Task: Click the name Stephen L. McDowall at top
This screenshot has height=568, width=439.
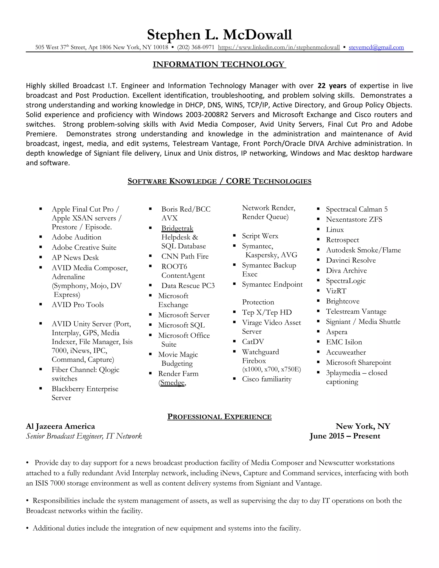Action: point(219,35)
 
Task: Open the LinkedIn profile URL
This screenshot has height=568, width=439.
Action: point(279,47)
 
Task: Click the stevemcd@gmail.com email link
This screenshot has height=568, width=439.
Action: point(376,47)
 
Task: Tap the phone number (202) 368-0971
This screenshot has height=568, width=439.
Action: point(195,47)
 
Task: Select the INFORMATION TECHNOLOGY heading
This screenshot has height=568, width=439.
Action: point(219,64)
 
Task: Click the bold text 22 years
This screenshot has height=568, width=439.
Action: point(332,86)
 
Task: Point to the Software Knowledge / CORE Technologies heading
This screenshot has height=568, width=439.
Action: point(219,181)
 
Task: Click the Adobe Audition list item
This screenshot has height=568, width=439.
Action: point(77,237)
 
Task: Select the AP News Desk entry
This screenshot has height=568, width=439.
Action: point(75,257)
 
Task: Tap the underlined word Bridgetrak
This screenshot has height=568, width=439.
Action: point(177,228)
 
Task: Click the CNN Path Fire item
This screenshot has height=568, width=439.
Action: point(185,256)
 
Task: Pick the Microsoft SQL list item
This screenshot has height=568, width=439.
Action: point(181,325)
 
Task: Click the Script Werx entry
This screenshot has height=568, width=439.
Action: point(260,236)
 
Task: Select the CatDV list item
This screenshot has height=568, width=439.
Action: point(253,342)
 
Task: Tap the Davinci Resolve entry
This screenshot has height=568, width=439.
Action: point(351,260)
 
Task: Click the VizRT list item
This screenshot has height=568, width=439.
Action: point(336,291)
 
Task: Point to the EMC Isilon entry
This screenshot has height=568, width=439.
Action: point(344,342)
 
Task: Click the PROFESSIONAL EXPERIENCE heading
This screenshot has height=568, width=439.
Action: point(219,417)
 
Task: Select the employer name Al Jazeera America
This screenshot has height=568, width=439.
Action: point(60,426)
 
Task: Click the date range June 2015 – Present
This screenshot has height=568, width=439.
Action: point(345,436)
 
